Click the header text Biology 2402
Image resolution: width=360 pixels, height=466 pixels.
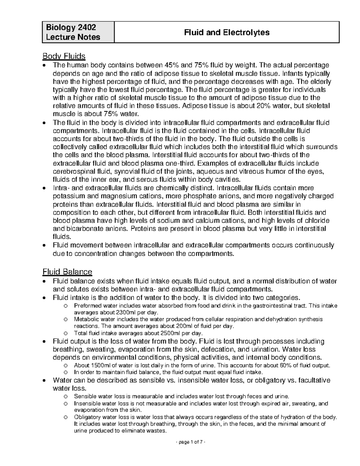(x=71, y=28)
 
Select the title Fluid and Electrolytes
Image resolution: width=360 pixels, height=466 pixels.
(x=227, y=32)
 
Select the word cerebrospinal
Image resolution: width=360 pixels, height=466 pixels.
(x=72, y=171)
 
